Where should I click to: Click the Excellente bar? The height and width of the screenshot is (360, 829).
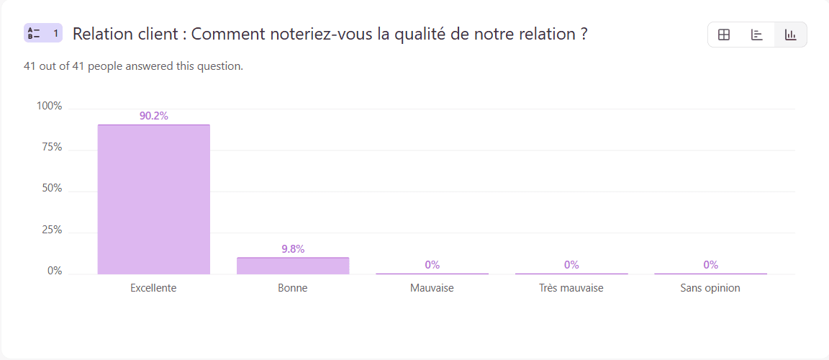pos(153,199)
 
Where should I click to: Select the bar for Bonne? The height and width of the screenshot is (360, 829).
pos(293,266)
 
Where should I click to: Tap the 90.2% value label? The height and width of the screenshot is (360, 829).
pos(153,116)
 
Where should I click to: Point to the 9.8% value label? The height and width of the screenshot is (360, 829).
pos(293,249)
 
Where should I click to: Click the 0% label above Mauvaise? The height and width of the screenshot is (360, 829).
pos(432,265)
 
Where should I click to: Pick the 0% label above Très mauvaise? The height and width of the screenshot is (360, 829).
pos(571,265)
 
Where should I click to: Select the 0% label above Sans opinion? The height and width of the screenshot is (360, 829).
pos(710,265)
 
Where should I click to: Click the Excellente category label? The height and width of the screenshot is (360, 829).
pos(153,288)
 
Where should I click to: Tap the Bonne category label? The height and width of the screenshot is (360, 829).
pos(293,288)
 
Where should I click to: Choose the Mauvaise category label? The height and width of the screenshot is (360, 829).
pos(432,288)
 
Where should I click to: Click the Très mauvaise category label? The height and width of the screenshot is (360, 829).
pos(571,288)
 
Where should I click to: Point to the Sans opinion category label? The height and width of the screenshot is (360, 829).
pos(710,288)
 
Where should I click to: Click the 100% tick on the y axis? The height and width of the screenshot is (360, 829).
pos(50,106)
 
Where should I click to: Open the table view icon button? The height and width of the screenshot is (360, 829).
pos(724,35)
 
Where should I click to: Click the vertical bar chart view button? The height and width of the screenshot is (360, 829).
pos(790,35)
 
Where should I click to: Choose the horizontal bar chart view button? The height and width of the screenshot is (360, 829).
pos(757,35)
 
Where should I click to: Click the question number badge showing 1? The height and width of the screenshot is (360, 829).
pos(43,33)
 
